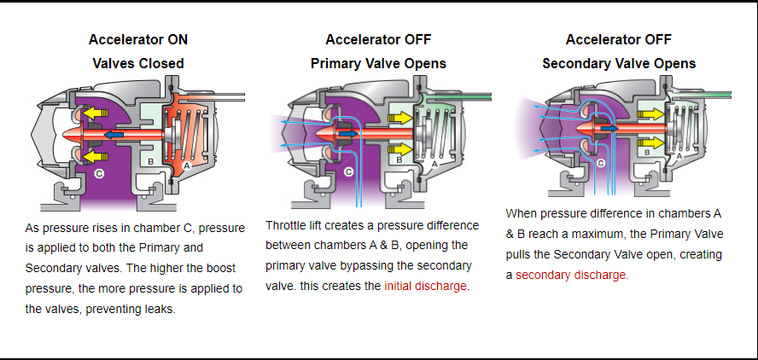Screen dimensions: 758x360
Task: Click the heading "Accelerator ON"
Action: (138, 39)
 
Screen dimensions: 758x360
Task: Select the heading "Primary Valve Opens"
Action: (378, 64)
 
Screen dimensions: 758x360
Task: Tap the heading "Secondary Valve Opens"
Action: (619, 64)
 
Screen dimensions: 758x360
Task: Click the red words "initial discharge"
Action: (425, 286)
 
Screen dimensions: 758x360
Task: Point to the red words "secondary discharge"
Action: (571, 276)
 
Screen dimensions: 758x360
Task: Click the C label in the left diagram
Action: (99, 173)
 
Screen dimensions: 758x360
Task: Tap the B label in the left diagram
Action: (150, 161)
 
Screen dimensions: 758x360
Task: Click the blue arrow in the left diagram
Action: (114, 134)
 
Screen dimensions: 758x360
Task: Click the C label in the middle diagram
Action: (348, 171)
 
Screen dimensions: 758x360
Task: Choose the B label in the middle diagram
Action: (399, 160)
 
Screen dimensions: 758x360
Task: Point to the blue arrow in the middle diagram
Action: (349, 132)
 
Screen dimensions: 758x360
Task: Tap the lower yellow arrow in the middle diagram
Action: (399, 148)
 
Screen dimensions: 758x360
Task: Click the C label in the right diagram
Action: (600, 163)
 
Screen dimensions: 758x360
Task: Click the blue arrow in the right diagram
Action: (609, 129)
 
